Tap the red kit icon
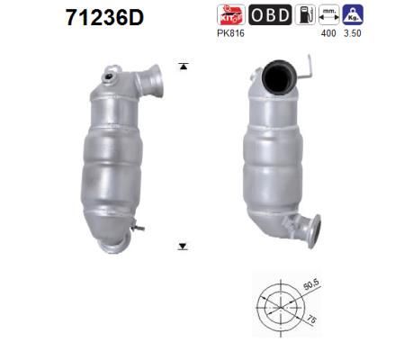[x=229, y=14]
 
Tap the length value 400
[x=328, y=33]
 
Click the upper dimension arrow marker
[x=184, y=66]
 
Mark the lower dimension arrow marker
[x=184, y=245]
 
